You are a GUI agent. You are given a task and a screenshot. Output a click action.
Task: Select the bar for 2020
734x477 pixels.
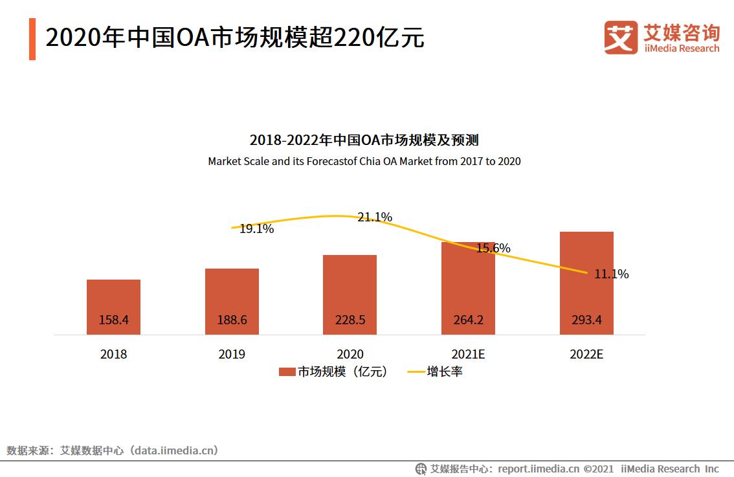tap(350, 294)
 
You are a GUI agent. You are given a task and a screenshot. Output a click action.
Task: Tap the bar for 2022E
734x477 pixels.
tap(586, 282)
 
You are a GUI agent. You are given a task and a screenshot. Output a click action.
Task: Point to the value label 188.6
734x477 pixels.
tap(232, 320)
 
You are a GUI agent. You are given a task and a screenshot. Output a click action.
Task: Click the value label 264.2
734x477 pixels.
tap(468, 320)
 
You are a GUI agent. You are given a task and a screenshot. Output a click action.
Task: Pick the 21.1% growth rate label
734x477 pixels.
tap(375, 217)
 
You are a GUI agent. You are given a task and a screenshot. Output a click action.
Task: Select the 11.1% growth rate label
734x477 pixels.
tap(611, 274)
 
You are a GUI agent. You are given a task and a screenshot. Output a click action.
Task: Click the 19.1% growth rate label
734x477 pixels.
tap(256, 229)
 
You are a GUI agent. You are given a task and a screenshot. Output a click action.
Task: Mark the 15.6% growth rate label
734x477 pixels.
tap(493, 249)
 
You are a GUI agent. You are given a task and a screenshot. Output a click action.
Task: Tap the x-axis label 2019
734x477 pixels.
tap(232, 355)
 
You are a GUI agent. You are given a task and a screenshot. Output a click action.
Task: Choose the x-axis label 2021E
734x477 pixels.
tap(468, 355)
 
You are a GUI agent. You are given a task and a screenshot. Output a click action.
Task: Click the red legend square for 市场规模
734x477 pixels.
tap(287, 372)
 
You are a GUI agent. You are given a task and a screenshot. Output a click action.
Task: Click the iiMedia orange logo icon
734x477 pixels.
tap(621, 37)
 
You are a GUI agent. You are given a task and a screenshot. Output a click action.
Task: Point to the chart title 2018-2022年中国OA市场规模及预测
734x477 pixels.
tap(364, 140)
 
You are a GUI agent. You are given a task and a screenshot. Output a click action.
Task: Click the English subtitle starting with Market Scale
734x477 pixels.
tap(364, 161)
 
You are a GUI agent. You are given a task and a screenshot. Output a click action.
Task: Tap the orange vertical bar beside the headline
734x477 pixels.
tap(32, 39)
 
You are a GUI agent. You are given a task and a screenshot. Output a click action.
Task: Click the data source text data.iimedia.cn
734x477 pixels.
tap(173, 450)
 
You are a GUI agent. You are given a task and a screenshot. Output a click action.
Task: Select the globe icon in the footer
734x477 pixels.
tap(421, 469)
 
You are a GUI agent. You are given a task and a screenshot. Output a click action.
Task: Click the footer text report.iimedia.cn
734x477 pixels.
tap(539, 469)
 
